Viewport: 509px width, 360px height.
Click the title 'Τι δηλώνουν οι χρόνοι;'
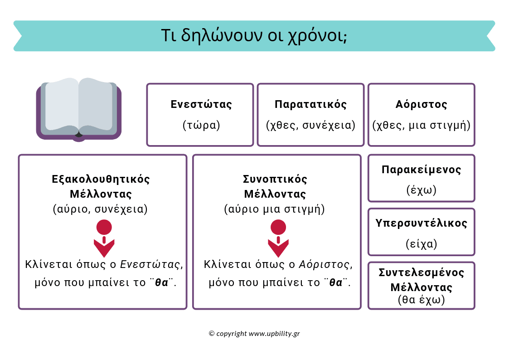[x=254, y=35]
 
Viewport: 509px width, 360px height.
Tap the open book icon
[x=79, y=109]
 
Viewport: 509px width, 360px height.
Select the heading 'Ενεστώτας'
[x=201, y=104]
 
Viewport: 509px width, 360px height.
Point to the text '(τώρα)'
[x=201, y=125]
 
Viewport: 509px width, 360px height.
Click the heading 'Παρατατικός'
[x=310, y=104]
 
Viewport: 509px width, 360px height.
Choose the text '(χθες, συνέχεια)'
[x=310, y=125]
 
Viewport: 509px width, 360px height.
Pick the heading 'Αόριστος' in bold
[x=421, y=104]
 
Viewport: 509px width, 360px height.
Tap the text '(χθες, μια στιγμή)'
[x=421, y=125]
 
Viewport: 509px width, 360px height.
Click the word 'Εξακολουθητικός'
[x=101, y=179]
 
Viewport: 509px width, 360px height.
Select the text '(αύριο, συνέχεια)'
[x=100, y=209]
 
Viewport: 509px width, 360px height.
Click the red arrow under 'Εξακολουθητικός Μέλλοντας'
[x=104, y=239]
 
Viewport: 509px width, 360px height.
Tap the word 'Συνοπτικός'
[x=275, y=179]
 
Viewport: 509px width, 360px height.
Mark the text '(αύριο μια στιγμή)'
[x=275, y=209]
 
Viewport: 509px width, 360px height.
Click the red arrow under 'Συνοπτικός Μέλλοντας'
[x=278, y=239]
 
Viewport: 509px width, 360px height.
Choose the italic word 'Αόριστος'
[x=324, y=264]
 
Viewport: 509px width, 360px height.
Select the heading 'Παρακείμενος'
[x=421, y=170]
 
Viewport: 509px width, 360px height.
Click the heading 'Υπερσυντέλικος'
[x=421, y=223]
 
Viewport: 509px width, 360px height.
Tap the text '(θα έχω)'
[x=421, y=300]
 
